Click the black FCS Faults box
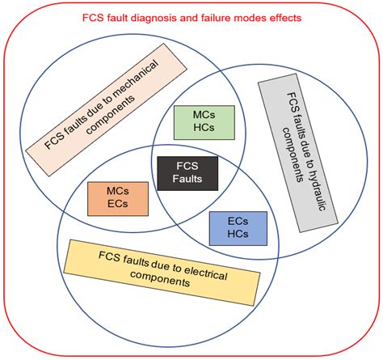(182, 172)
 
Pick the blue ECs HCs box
(237, 229)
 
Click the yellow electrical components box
(162, 267)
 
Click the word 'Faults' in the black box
(182, 180)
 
